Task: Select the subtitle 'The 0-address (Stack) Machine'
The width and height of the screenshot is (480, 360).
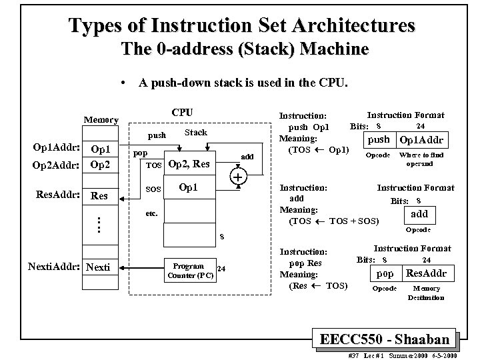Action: coord(244,49)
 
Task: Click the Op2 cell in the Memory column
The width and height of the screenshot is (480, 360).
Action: coord(100,164)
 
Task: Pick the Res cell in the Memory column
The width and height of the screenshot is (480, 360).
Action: coord(100,196)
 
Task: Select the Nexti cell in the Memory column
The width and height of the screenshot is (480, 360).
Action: coord(100,267)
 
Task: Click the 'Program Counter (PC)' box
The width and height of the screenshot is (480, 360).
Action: coord(188,270)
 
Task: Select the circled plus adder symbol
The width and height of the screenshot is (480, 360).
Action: coord(237,177)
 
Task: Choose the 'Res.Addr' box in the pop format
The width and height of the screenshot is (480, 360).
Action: coord(426,273)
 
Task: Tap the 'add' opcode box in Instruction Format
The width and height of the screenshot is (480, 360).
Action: coord(419,214)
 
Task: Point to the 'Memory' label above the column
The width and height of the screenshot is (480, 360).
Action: coord(100,120)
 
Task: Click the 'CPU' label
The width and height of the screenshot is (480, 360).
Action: coord(182,112)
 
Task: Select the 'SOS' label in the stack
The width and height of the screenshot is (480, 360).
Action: coord(154,190)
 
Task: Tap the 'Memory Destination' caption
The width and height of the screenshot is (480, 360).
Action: coord(426,293)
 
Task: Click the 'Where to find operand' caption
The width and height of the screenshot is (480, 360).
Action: coord(420,159)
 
